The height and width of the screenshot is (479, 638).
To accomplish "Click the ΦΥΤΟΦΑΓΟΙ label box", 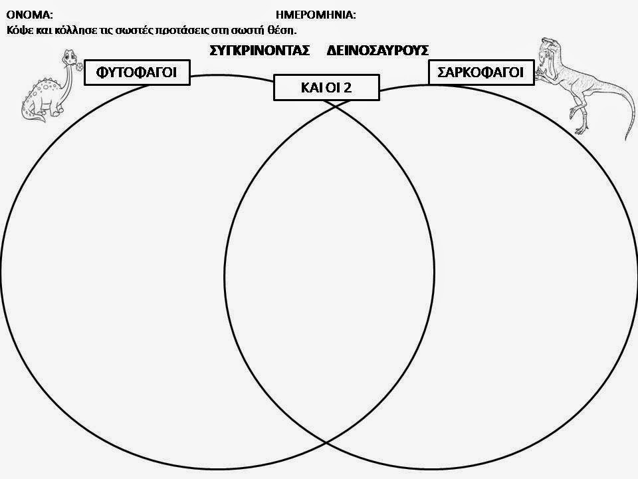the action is coord(136,73).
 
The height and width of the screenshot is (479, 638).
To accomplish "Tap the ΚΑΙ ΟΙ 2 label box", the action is coord(326,88).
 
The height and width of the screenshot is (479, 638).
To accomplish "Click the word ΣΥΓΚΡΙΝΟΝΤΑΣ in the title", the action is coord(260,51).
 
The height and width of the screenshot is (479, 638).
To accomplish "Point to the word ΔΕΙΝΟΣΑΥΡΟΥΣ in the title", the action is coord(377,51).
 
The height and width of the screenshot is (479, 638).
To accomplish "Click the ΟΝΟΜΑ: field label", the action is coord(29,14).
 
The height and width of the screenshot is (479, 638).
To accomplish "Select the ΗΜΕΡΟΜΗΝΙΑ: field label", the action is coord(316,14).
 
